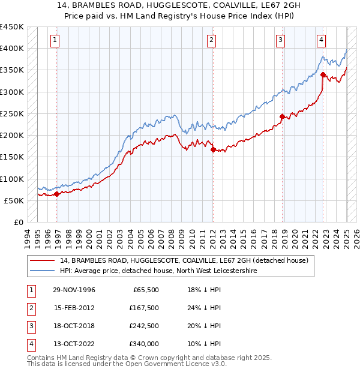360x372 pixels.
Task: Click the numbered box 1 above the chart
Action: (x=55, y=40)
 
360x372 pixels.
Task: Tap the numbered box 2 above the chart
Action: (x=212, y=40)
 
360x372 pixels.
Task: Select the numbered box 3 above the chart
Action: (x=280, y=40)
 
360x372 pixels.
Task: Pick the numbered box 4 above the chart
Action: (x=322, y=40)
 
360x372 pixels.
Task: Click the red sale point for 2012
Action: (x=213, y=150)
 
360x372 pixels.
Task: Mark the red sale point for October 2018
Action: (x=281, y=117)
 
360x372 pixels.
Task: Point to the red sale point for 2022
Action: (x=323, y=75)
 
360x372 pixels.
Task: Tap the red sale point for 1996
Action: (x=56, y=194)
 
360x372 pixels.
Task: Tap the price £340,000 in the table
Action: (x=144, y=344)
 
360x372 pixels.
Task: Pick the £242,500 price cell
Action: (x=144, y=326)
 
